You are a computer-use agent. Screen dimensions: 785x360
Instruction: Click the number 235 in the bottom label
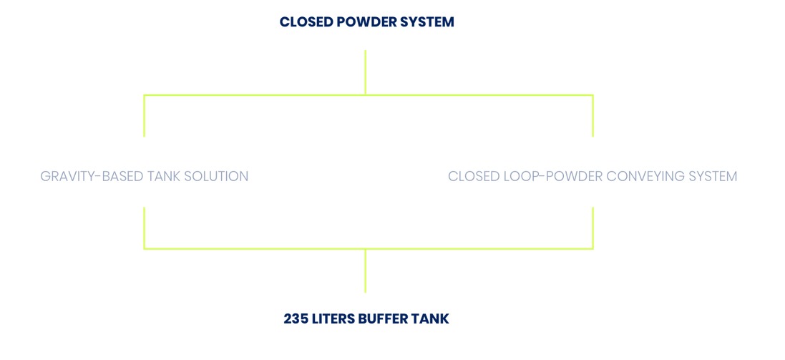[x=294, y=319]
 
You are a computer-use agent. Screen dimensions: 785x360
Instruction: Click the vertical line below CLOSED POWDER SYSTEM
[x=366, y=72]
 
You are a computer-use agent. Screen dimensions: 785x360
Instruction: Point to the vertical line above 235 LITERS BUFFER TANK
[x=366, y=271]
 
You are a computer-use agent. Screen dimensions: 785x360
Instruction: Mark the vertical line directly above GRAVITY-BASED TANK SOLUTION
[x=144, y=116]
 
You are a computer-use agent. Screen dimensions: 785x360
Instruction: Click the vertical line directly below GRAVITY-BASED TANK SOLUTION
[x=144, y=228]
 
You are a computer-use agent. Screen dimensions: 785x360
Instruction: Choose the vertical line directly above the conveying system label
[x=593, y=116]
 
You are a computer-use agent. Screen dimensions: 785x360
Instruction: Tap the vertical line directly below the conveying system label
[x=593, y=228]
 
